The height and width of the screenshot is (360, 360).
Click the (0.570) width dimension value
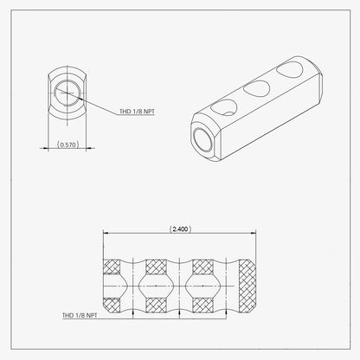click(67, 145)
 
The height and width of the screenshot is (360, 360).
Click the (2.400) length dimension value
click(180, 229)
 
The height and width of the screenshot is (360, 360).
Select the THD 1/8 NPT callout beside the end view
click(138, 112)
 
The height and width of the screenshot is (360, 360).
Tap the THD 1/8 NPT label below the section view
click(80, 315)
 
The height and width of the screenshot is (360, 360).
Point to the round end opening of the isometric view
click(204, 139)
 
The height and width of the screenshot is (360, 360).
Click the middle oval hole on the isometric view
click(256, 88)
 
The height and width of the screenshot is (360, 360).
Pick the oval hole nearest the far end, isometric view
click(290, 70)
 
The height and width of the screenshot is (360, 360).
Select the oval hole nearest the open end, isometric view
click(224, 107)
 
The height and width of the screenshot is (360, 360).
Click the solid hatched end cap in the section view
click(247, 286)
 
